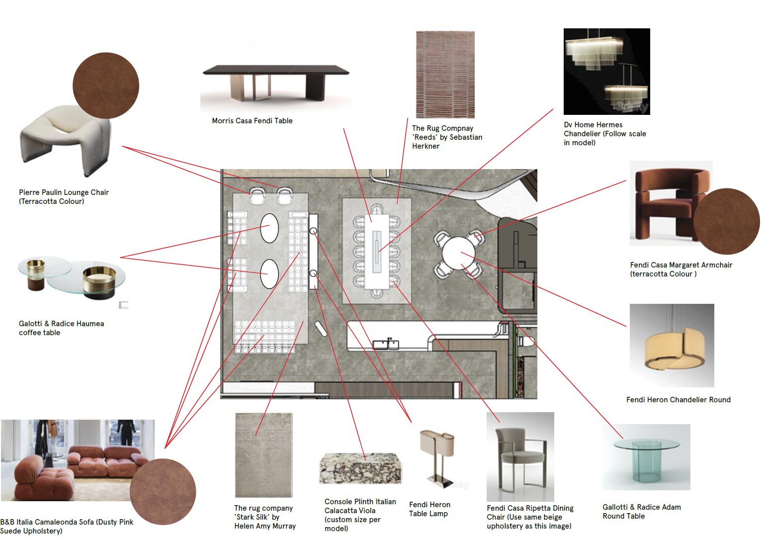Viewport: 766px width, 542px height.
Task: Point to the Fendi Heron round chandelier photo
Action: point(671,345)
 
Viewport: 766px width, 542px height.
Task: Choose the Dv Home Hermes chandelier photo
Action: point(606,72)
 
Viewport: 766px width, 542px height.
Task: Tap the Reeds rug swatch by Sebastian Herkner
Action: point(445,75)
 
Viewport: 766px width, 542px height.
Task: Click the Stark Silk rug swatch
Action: point(263,454)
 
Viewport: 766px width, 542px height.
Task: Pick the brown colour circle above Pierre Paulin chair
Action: point(106,86)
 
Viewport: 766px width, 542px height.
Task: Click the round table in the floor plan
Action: point(458,253)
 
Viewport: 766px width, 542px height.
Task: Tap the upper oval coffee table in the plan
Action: point(269,228)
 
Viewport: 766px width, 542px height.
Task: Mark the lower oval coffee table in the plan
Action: point(269,273)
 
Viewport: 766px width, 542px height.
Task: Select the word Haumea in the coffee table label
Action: point(90,324)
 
